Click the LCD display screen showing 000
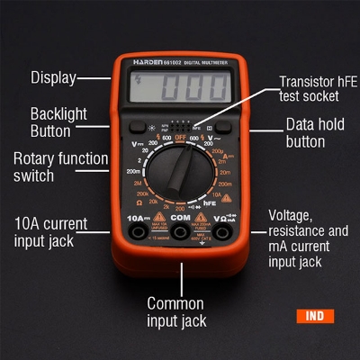click(x=179, y=89)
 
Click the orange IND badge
click(x=314, y=316)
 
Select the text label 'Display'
click(x=53, y=77)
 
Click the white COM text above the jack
click(x=180, y=218)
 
